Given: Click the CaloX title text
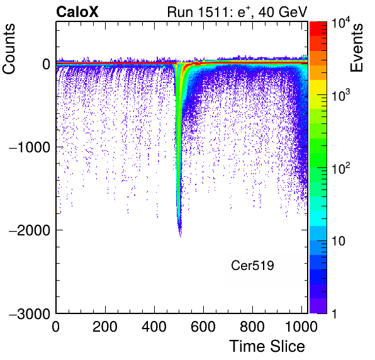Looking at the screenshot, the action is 77,12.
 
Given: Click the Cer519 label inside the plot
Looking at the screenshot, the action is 252,265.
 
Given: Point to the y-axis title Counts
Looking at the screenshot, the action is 9,49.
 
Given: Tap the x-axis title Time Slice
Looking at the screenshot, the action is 267,346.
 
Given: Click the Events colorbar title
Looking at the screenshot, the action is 356,48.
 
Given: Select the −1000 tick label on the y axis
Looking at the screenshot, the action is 30,147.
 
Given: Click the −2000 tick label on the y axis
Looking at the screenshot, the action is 30,230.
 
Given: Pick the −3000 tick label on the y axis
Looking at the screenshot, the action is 30,314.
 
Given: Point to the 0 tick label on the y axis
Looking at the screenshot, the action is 47,64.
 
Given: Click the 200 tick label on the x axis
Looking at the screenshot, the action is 104,327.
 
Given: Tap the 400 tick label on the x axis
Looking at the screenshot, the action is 154,327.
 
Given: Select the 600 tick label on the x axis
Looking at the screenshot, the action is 203,327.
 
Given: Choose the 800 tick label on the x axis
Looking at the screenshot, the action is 252,327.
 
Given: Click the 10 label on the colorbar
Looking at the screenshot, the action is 338,241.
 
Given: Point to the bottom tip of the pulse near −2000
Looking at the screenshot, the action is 181,237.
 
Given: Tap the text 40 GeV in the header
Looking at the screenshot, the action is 283,12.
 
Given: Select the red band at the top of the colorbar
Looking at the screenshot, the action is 318,29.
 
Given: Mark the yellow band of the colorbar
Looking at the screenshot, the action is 318,87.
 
